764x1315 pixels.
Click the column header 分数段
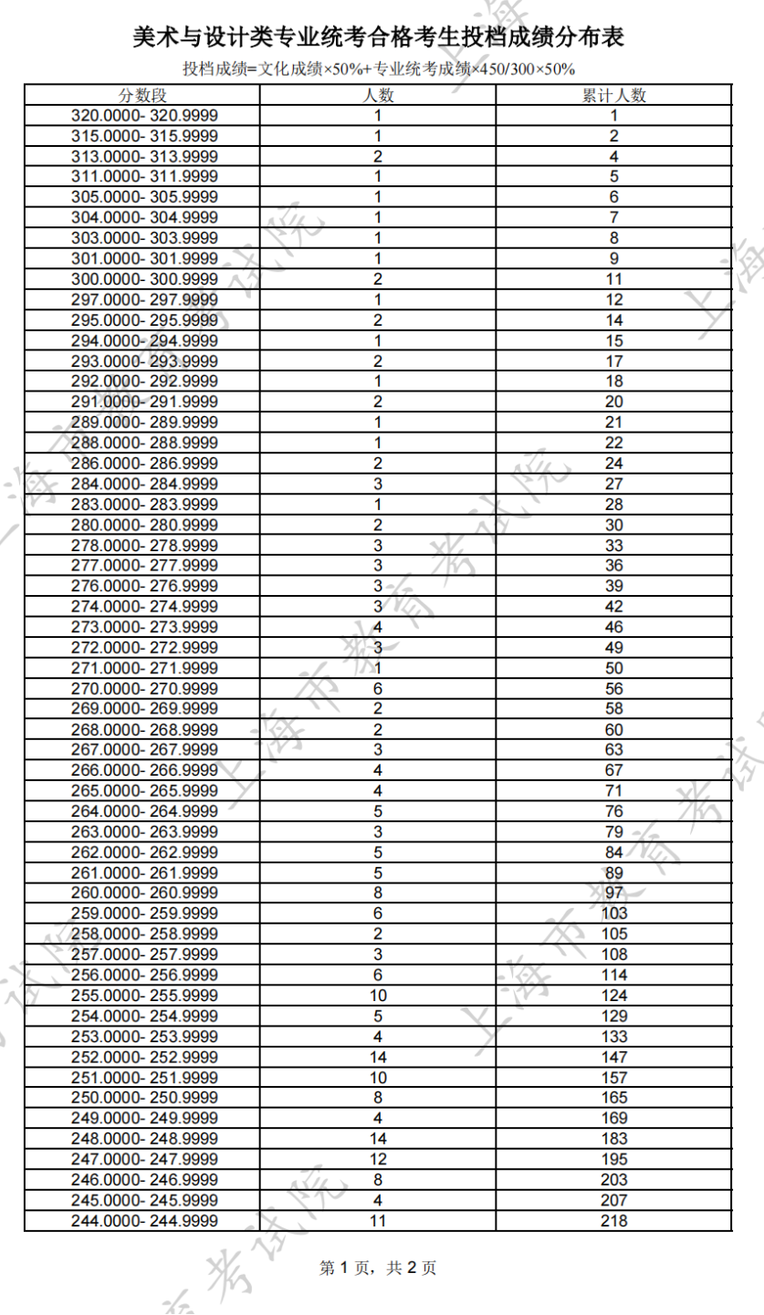(144, 96)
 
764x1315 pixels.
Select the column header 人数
(378, 96)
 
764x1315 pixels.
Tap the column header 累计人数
(614, 96)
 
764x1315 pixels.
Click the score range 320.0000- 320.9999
(144, 116)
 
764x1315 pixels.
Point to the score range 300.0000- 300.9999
(144, 279)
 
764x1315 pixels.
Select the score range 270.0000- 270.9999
(144, 688)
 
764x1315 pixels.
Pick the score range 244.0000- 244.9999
(144, 1220)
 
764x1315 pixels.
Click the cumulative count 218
(614, 1220)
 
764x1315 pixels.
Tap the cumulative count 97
(614, 892)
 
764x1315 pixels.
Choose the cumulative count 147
(614, 1057)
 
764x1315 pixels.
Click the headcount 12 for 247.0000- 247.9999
(378, 1159)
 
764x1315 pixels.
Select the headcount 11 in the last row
(378, 1220)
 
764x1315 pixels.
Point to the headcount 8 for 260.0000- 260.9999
(378, 892)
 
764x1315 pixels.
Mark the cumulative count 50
(614, 668)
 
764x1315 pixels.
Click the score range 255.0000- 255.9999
(144, 996)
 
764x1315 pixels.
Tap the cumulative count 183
(614, 1138)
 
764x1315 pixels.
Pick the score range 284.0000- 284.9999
(144, 484)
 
